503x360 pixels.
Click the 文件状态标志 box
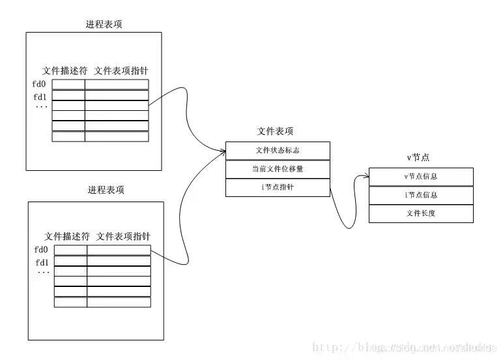278,151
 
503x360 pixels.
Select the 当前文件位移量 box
278,169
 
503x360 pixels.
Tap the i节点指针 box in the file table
278,187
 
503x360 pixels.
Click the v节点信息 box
420,177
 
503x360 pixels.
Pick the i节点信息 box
420,195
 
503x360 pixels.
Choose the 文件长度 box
420,213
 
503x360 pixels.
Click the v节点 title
420,158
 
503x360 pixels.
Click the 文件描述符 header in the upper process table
64,70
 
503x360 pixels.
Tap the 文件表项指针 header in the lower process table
126,236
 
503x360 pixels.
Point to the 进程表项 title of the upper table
104,24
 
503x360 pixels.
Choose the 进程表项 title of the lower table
106,190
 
